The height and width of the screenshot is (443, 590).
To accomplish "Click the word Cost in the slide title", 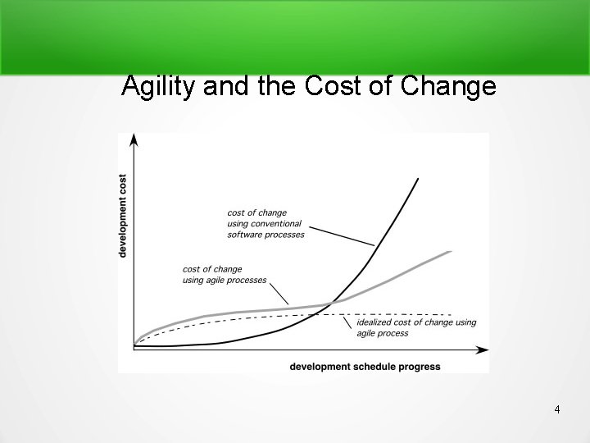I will (x=340, y=85).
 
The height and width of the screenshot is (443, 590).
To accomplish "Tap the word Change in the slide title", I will (x=450, y=85).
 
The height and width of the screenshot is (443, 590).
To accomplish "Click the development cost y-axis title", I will (x=123, y=215).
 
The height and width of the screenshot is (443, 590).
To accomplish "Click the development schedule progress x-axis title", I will (x=365, y=367).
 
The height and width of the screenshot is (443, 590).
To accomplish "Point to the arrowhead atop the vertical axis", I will (x=134, y=139).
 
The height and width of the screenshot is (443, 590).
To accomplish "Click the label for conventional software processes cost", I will (x=265, y=224).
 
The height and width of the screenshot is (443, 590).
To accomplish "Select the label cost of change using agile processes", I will (x=225, y=275).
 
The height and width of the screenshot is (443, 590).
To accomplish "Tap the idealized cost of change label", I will (x=415, y=327).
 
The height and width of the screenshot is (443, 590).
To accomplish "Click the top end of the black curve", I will (x=419, y=179).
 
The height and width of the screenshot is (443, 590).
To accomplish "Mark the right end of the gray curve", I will (x=450, y=252).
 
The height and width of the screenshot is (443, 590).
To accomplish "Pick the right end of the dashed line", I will (x=451, y=314).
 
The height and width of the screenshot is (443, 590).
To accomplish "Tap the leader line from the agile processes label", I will (x=279, y=292).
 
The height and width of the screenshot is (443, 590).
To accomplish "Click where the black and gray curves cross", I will (x=330, y=304).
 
